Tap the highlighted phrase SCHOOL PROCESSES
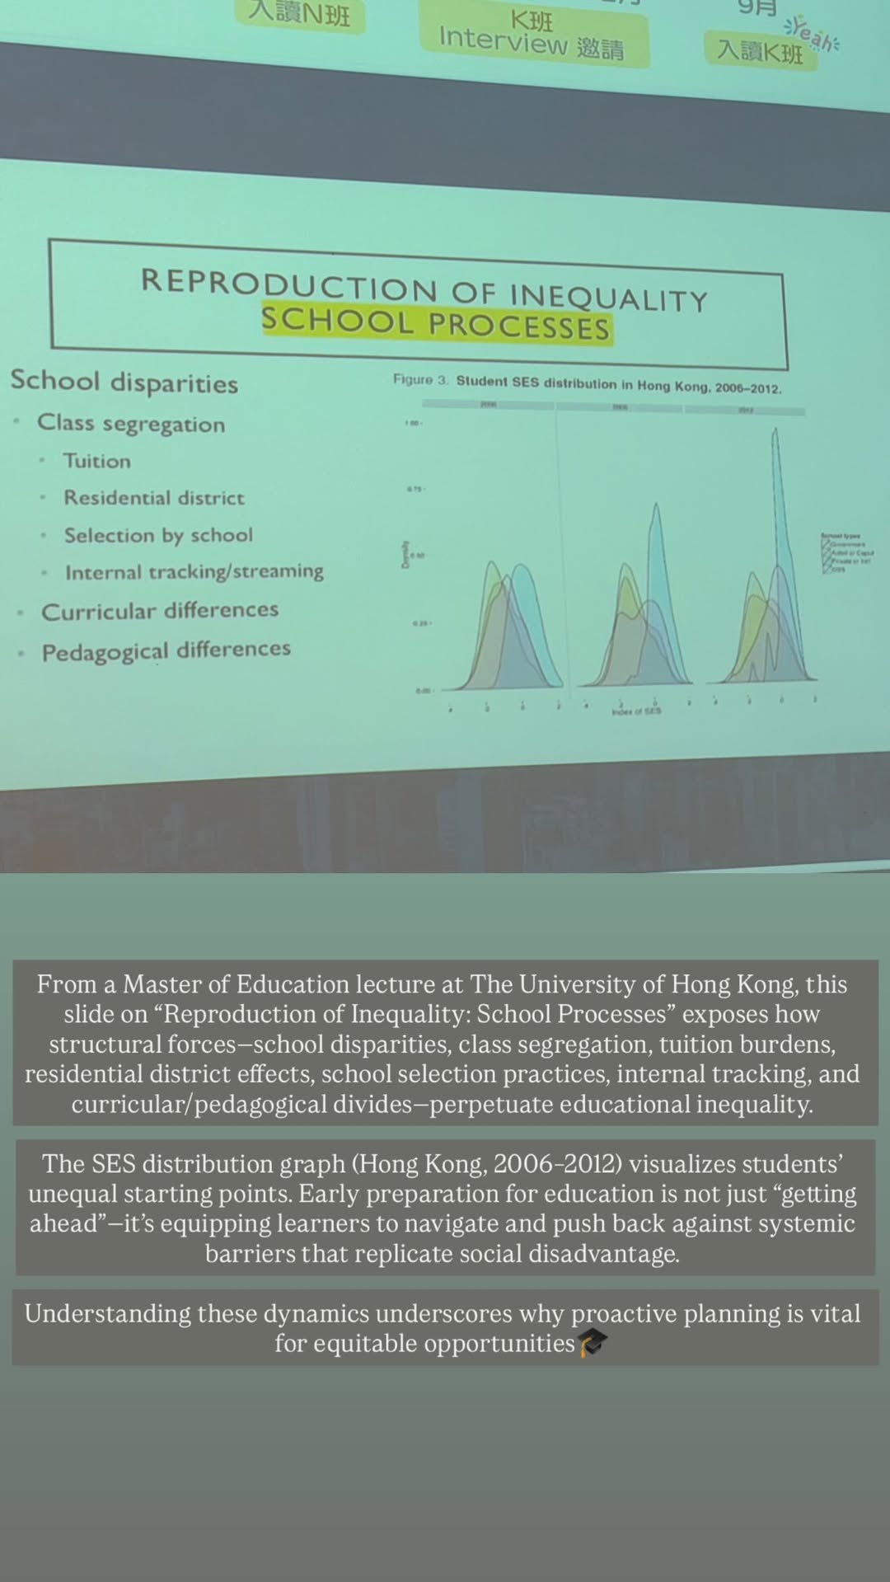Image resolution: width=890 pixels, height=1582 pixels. point(436,323)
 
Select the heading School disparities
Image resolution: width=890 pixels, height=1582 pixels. point(124,382)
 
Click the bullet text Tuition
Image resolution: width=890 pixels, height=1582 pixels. point(97,461)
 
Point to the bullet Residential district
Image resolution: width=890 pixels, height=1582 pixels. point(154,498)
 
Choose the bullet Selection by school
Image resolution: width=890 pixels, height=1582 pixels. point(158,535)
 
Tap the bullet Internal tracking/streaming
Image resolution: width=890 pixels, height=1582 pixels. point(194,571)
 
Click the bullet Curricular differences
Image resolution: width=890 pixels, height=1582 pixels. point(160,611)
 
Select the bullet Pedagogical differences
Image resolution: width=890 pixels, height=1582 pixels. point(166,651)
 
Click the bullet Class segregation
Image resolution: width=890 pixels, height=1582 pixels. point(131,424)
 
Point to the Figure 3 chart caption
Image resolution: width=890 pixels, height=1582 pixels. point(587,384)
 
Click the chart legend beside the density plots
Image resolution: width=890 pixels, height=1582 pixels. point(846,552)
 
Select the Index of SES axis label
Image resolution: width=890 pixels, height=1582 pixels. point(635,711)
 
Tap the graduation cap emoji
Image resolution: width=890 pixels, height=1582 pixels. point(593,1343)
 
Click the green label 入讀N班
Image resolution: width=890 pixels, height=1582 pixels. point(300,14)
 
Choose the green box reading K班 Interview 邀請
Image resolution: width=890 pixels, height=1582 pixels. point(532,35)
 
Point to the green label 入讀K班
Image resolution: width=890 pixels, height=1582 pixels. point(759,51)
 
